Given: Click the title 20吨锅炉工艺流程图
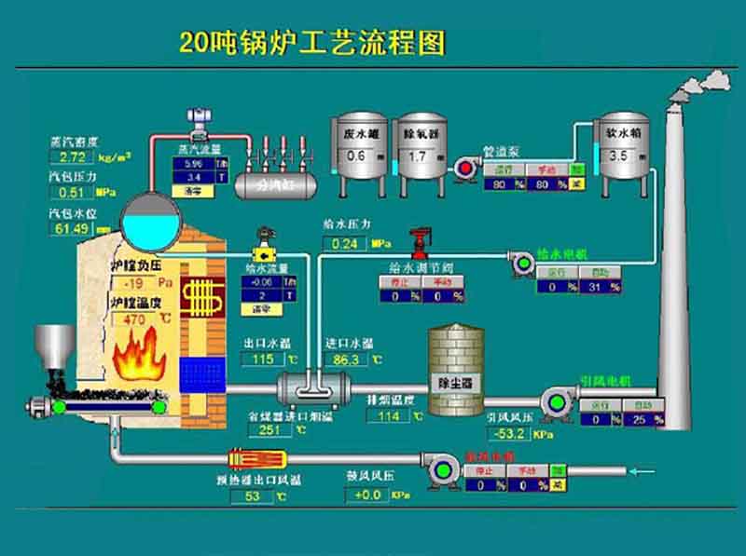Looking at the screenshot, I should pyautogui.click(x=312, y=43).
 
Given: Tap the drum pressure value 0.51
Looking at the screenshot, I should pyautogui.click(x=73, y=193).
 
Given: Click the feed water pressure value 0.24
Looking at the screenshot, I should pyautogui.click(x=346, y=244).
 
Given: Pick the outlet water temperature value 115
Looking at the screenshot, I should pyautogui.click(x=263, y=359).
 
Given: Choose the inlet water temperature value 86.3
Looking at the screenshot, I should pyautogui.click(x=346, y=359).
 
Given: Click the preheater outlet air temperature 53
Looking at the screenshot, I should pyautogui.click(x=252, y=496).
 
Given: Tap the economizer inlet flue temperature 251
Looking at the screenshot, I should pyautogui.click(x=270, y=430).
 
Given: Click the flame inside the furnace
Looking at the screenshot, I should pyautogui.click(x=138, y=359).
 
